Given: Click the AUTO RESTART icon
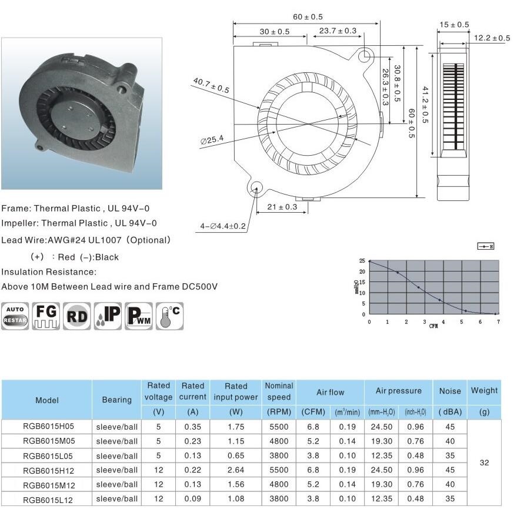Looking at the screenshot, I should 15,316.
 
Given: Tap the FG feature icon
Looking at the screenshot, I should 46,316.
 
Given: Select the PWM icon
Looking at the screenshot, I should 139,316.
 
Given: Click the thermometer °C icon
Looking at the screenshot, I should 169,316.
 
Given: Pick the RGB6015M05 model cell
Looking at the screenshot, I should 47,441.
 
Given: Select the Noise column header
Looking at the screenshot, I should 450,391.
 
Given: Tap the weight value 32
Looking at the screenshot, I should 484,463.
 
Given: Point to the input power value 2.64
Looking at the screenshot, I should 236,470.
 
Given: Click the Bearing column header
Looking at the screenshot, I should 116,400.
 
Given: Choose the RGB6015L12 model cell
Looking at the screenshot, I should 47,499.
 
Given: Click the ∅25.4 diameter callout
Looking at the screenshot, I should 212,139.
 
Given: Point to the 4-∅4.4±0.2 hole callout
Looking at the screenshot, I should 223,226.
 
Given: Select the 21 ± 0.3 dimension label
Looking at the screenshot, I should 282,207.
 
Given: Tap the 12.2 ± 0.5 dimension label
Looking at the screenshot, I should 492,38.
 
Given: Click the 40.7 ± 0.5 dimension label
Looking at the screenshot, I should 211,86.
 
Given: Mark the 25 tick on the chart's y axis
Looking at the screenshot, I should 363,261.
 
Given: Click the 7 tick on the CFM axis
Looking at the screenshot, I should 498,321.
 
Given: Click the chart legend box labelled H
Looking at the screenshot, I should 485,246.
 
